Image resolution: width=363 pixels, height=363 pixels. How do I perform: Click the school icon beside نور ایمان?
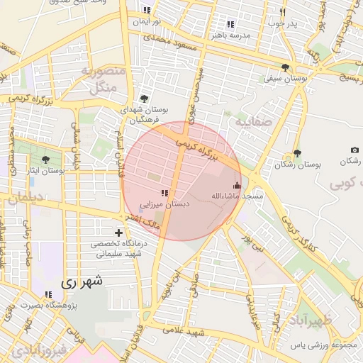(147, 10)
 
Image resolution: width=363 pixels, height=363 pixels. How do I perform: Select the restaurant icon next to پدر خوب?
(281, 12)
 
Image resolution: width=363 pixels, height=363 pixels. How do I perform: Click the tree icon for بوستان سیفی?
(285, 68)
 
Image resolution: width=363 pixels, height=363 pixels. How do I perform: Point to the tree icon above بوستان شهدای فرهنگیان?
(145, 99)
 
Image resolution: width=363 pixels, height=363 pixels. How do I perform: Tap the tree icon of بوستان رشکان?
(297, 153)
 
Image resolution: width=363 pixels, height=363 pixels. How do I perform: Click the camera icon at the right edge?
(354, 150)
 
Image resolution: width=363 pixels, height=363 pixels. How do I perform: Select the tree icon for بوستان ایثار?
(47, 160)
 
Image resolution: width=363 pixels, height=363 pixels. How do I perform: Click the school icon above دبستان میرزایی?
(164, 193)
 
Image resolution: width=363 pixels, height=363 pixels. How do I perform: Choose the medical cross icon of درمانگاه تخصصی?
(118, 233)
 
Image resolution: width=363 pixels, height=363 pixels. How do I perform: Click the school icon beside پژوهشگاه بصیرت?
(48, 294)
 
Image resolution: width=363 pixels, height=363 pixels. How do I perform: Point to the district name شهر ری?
(82, 281)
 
